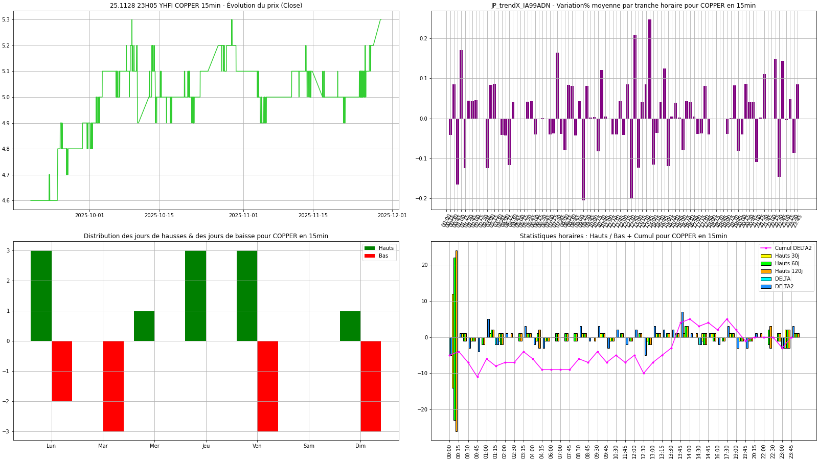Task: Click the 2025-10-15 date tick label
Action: tap(159, 215)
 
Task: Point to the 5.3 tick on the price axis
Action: tap(7, 20)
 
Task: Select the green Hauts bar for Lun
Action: tap(41, 295)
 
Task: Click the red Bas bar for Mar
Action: tap(113, 386)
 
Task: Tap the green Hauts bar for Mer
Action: tap(144, 326)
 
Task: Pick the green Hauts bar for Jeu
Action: tap(195, 295)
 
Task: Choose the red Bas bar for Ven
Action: tap(267, 386)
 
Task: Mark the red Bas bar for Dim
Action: tap(371, 386)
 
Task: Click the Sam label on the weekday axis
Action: tap(309, 446)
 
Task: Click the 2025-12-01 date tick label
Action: tap(392, 215)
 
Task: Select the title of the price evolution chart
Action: tap(206, 6)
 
